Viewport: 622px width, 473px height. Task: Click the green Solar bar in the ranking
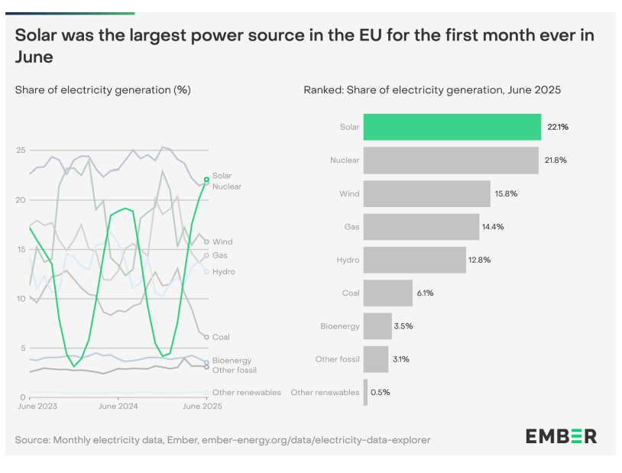click(x=452, y=127)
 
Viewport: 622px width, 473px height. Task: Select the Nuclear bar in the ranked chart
click(x=451, y=160)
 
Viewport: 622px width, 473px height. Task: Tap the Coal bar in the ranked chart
click(x=388, y=293)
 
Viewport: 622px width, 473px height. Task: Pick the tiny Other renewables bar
click(x=365, y=392)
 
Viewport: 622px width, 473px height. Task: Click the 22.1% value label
click(x=559, y=127)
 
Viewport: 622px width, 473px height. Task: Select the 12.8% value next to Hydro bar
click(x=480, y=260)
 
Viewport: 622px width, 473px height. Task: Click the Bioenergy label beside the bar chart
click(x=339, y=326)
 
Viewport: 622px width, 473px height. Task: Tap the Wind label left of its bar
click(x=349, y=193)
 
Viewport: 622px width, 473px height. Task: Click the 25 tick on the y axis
click(x=21, y=150)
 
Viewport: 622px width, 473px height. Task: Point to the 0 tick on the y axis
click(x=23, y=397)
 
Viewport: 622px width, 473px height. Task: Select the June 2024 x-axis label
click(x=118, y=407)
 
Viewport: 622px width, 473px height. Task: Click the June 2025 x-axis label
click(x=202, y=407)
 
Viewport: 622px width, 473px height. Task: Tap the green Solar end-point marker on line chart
click(x=206, y=180)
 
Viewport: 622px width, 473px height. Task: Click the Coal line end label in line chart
click(x=221, y=337)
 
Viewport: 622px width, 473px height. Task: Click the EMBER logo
click(x=561, y=436)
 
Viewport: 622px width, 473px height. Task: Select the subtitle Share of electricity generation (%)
click(x=102, y=90)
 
